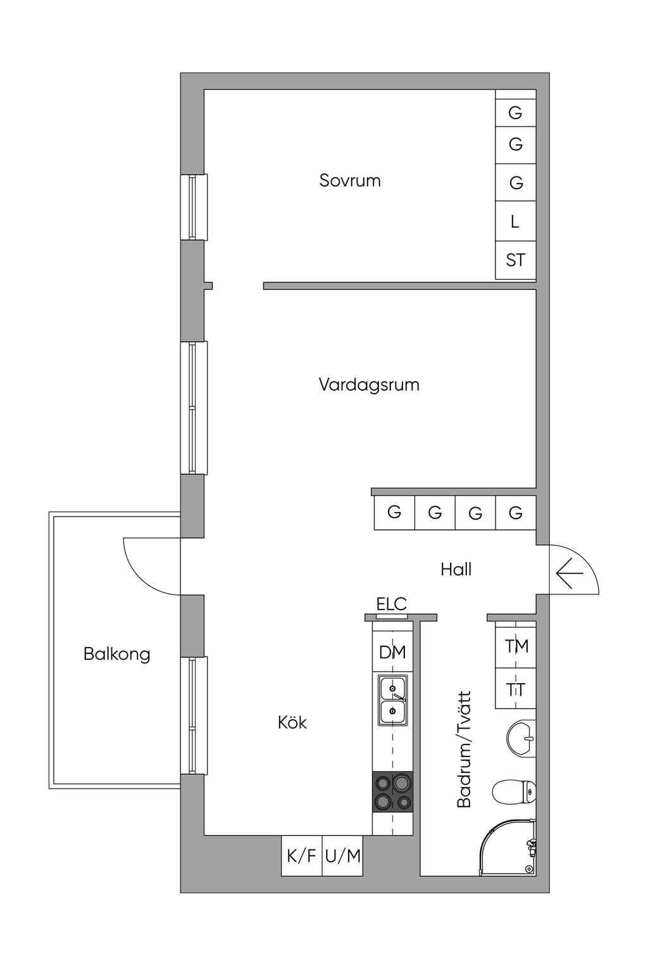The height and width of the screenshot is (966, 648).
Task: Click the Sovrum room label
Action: click(350, 180)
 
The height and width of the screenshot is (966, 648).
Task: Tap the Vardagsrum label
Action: click(369, 384)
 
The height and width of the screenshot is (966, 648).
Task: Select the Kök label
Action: click(292, 722)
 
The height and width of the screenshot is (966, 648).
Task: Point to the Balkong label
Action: click(117, 655)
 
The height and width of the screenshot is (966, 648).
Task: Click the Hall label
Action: click(456, 569)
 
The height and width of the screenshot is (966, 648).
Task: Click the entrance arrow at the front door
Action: click(570, 573)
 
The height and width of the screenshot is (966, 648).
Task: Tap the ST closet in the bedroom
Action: click(516, 260)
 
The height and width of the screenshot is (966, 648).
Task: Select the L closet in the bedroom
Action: click(516, 221)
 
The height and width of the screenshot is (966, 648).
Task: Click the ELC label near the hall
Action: click(392, 604)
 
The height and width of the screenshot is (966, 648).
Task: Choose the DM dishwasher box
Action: click(393, 653)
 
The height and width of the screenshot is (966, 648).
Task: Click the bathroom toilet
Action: click(514, 791)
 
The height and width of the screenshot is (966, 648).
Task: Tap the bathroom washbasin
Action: click(521, 740)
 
